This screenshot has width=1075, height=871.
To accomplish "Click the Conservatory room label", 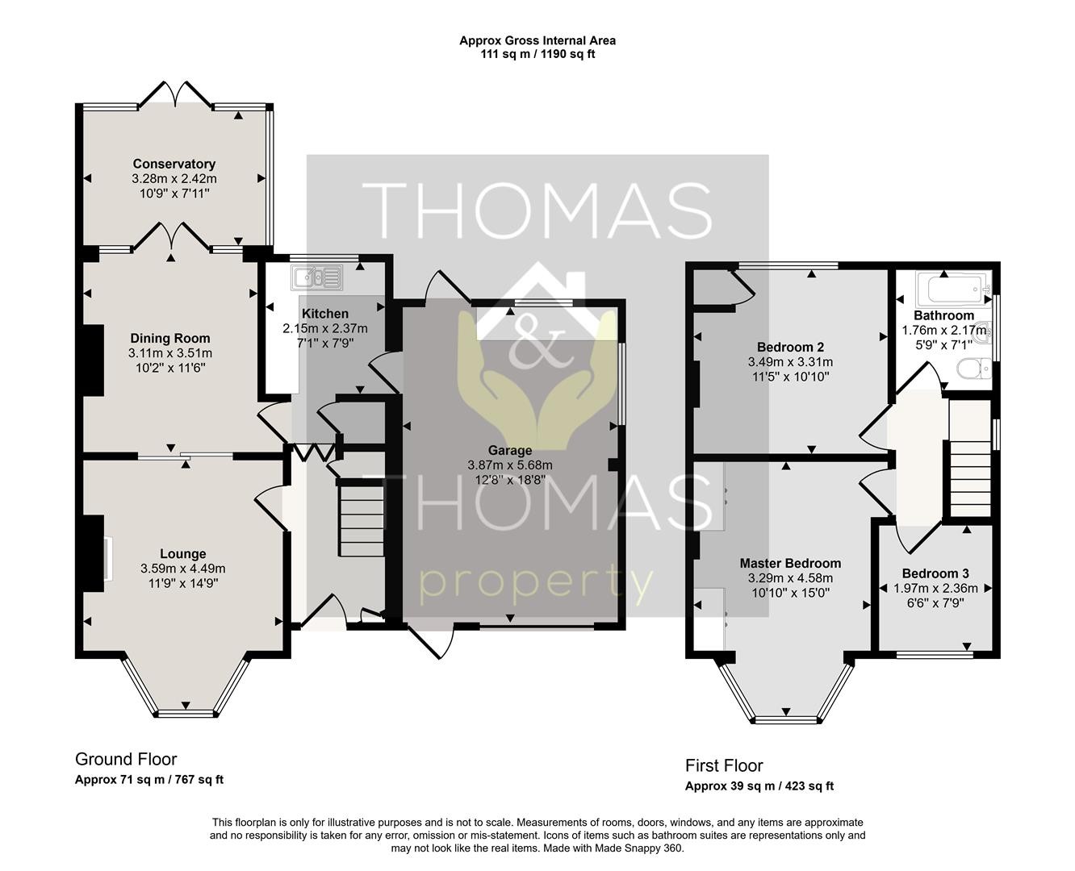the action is pyautogui.click(x=174, y=164).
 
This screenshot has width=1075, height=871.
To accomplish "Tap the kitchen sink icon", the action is pyautogui.click(x=317, y=278).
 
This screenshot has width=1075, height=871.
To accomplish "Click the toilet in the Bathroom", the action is pyautogui.click(x=974, y=369).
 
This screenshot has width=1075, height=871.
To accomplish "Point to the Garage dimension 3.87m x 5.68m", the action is pyautogui.click(x=510, y=465).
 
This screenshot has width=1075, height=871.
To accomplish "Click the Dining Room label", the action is pyautogui.click(x=170, y=339).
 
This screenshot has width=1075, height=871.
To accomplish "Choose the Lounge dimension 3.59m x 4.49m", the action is pyautogui.click(x=182, y=569).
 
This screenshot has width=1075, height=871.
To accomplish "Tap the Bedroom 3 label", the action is pyautogui.click(x=935, y=573).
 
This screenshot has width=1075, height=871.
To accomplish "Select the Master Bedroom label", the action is pyautogui.click(x=790, y=564).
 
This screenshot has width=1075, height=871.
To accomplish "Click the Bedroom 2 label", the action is pyautogui.click(x=790, y=347).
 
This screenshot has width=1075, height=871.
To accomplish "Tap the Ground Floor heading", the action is pyautogui.click(x=126, y=759).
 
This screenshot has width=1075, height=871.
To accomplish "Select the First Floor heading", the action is pyautogui.click(x=724, y=765).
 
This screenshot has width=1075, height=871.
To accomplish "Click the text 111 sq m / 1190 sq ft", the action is pyautogui.click(x=537, y=54).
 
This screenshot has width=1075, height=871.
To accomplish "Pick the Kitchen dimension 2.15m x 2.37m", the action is pyautogui.click(x=325, y=329).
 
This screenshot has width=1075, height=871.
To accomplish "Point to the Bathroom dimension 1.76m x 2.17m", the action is pyautogui.click(x=943, y=331).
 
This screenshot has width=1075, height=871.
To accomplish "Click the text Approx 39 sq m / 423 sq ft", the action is pyautogui.click(x=759, y=786).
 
